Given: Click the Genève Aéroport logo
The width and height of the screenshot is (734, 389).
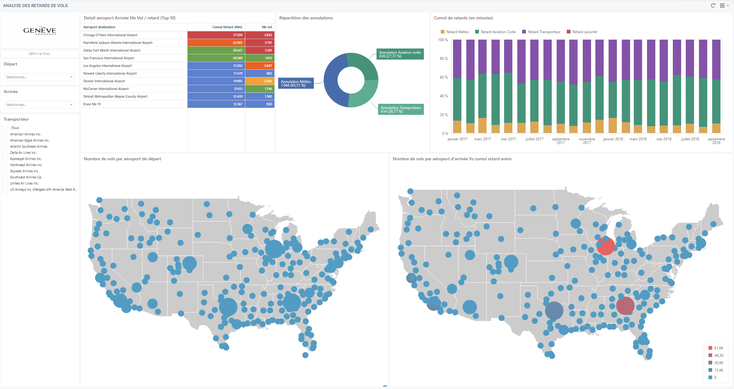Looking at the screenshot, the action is pos(40,30).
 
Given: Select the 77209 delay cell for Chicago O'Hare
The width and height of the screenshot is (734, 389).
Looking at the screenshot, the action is pos(216,35).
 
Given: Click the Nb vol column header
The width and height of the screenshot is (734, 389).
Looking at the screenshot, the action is pos(267,27).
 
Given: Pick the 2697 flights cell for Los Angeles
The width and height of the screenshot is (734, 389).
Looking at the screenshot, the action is pos(260,66).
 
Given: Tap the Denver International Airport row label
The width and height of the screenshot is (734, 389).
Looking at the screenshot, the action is pos(104,81).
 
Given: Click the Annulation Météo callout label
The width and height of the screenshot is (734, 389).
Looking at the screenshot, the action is pos(296,83).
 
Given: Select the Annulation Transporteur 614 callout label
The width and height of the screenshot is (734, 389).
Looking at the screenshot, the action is pos(401,109).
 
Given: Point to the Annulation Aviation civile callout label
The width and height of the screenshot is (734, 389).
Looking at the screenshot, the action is pos(400,54).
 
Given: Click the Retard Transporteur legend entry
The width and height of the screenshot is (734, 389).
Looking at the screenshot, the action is pos(541,32).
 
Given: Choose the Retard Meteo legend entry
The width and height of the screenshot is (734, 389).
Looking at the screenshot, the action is pos(455,32).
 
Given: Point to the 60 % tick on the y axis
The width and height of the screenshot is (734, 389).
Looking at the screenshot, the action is pos(444,77).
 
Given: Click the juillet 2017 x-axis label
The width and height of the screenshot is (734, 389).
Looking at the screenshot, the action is pos(535,139).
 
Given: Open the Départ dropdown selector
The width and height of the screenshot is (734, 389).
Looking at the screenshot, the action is pos(40,77).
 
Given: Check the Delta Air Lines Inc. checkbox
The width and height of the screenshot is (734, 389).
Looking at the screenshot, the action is pos(5,153).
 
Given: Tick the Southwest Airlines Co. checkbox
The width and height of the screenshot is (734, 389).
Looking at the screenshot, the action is pos(5,177).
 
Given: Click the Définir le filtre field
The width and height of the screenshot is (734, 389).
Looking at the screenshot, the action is pos(40,54).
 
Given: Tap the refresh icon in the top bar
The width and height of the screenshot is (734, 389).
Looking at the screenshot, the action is pos(713,6).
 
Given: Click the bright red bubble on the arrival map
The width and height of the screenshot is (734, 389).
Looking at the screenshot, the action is pos(606,246).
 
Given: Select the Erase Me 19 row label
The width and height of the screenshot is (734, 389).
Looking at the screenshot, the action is pos(92,104).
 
